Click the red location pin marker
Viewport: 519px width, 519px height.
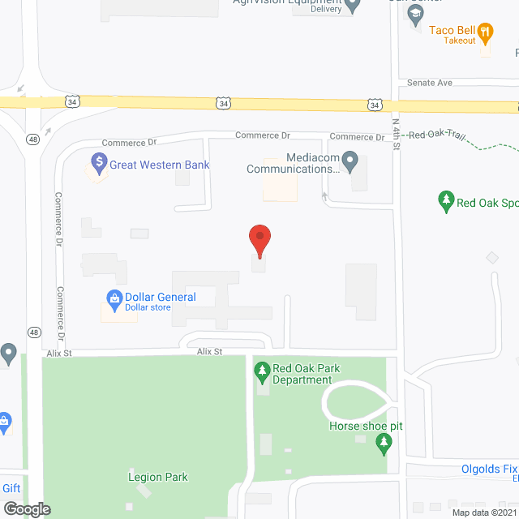tap(259, 240)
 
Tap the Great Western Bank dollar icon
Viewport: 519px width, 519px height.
tap(100, 165)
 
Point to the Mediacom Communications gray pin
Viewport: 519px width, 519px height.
tap(350, 162)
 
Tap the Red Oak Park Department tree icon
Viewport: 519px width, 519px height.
tap(262, 374)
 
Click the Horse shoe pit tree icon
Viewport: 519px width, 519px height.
tap(384, 443)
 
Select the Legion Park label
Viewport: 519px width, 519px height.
tap(158, 477)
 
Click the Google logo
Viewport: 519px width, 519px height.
tap(27, 509)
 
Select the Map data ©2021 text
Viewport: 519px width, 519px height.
tap(484, 512)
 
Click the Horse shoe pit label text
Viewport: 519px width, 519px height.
tap(366, 427)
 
